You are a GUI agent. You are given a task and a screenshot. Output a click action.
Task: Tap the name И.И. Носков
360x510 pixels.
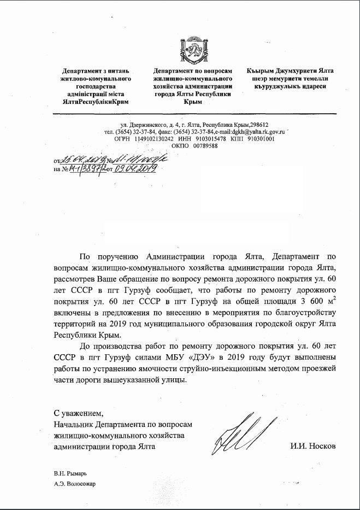click(313, 446)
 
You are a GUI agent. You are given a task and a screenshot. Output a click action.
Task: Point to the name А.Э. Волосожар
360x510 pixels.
click(74, 483)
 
